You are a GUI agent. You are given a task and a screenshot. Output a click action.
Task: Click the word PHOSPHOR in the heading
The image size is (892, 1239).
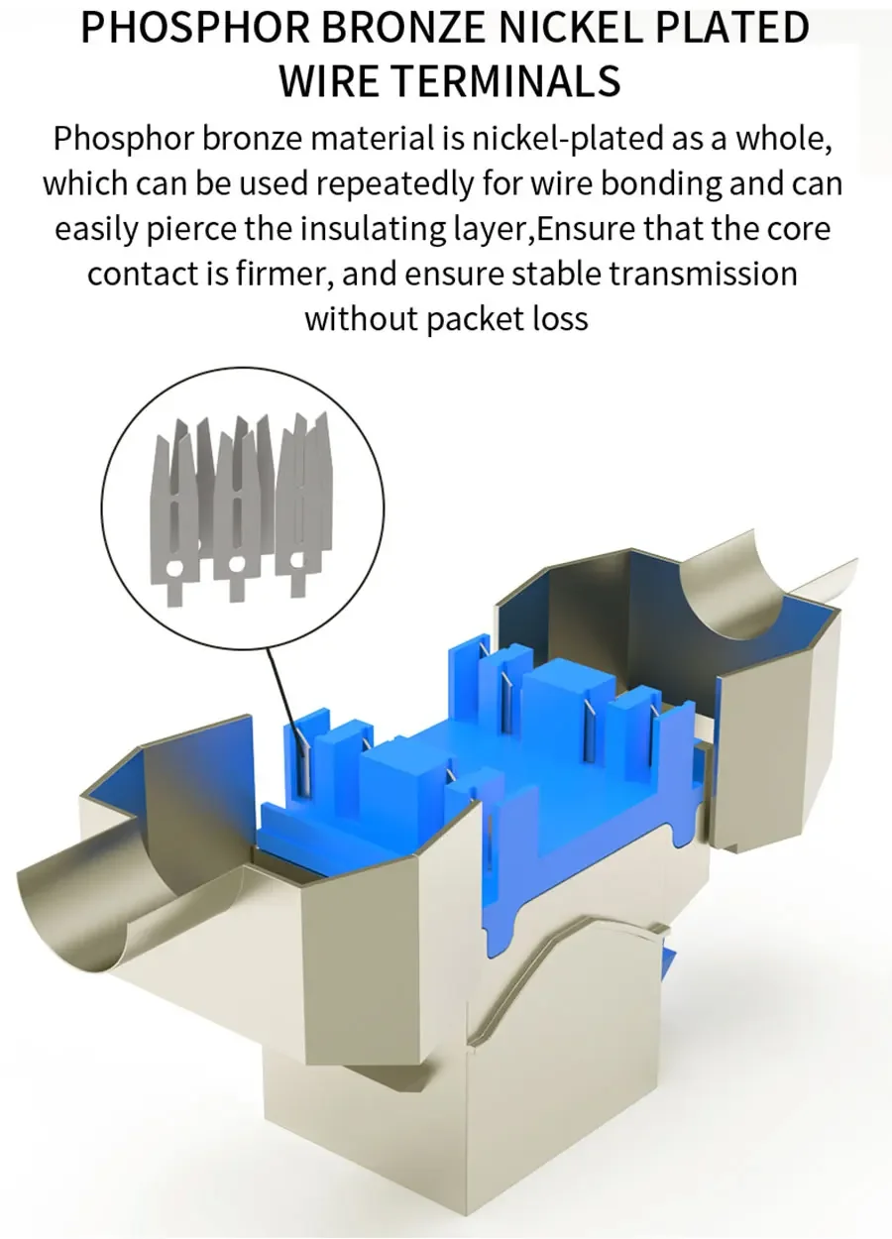195,28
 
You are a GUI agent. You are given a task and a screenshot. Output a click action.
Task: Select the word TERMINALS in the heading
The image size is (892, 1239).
508,80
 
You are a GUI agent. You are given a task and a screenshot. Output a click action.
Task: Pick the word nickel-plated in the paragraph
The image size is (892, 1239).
567,140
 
